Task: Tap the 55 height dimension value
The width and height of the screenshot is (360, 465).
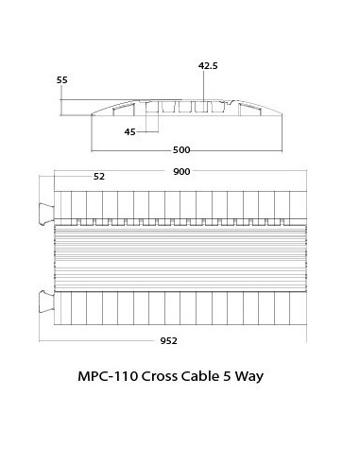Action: pos(62,81)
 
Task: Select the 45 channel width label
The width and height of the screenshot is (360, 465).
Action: pos(129,132)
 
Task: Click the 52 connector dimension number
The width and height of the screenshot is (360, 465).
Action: pos(99,177)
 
